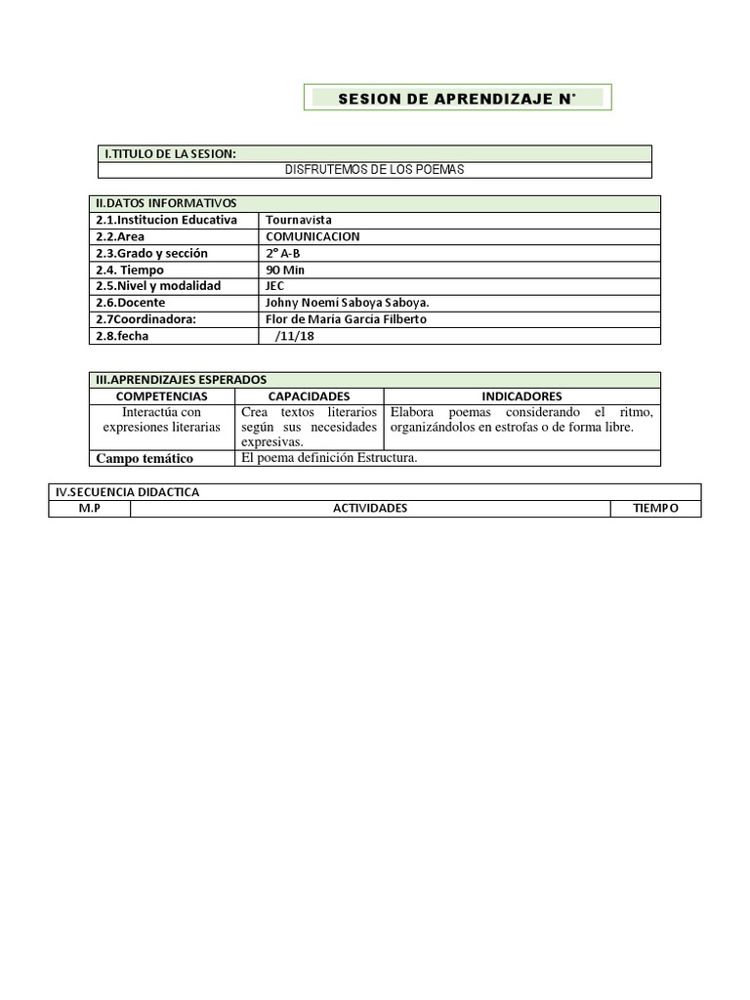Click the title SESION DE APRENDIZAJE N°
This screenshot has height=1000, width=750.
coord(457,99)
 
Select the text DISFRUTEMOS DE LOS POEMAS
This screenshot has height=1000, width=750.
coord(374,170)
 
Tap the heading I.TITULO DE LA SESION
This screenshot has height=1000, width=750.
coord(170,153)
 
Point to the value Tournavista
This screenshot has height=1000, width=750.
coord(299,220)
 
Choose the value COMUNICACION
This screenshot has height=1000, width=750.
coord(312,236)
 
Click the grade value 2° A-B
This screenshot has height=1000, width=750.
coord(283,253)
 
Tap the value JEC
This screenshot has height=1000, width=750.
coord(275,286)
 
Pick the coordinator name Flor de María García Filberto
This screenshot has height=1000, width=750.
coord(346,319)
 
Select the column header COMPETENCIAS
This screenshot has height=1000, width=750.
coord(161,396)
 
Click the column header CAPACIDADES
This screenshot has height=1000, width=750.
coord(309,396)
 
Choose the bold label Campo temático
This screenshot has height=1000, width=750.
coord(144,458)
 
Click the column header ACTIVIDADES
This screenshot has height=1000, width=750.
coord(370,509)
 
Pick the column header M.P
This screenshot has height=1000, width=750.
coord(89,509)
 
